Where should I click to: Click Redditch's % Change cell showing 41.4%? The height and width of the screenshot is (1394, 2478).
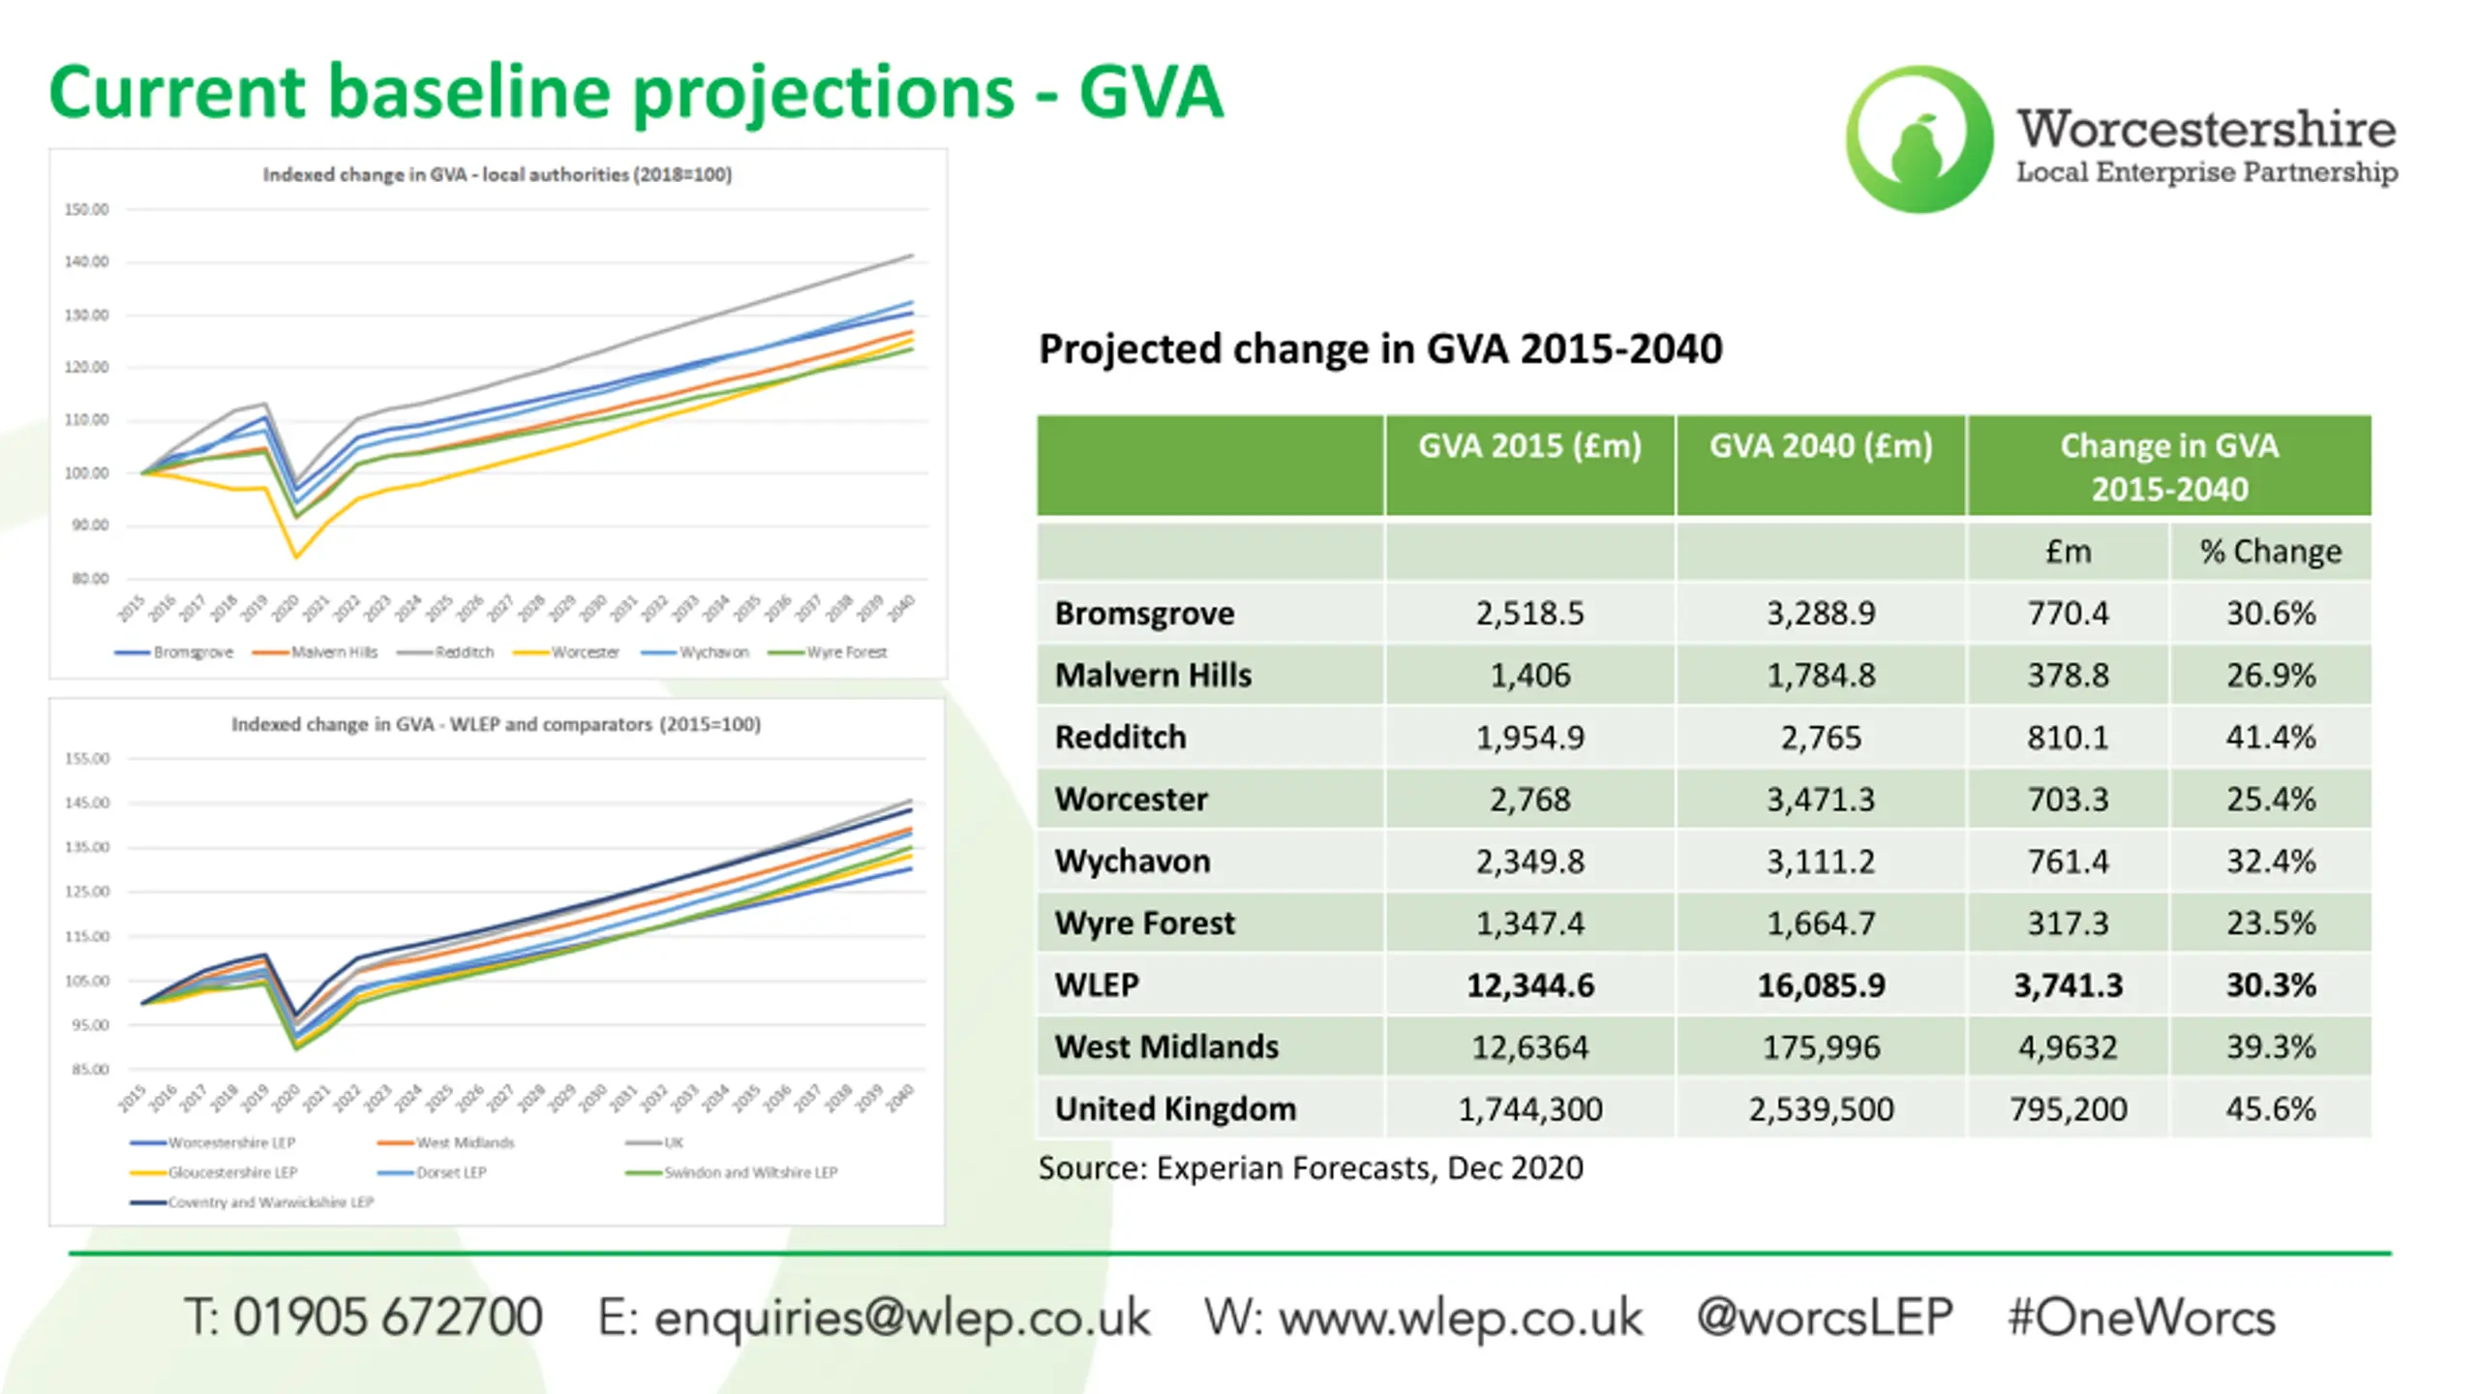click(x=2270, y=738)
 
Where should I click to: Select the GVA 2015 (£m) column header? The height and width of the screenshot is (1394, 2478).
click(x=1529, y=446)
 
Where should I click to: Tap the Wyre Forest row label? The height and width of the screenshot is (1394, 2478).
click(x=1144, y=924)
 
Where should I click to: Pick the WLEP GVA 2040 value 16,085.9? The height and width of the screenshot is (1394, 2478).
click(x=1821, y=985)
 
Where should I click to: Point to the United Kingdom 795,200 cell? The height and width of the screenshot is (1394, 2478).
click(x=2068, y=1109)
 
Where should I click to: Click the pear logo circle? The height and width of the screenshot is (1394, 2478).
click(x=1919, y=139)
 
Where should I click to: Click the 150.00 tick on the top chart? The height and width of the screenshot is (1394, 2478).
click(x=86, y=209)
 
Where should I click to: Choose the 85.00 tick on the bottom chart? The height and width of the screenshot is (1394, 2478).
click(x=90, y=1070)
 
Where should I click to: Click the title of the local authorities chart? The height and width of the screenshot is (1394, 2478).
click(x=497, y=175)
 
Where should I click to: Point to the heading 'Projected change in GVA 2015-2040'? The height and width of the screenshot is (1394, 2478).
click(x=1380, y=349)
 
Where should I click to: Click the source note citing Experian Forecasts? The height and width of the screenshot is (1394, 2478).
click(x=1311, y=1168)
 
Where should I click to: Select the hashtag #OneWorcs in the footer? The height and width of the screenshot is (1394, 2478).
click(x=2141, y=1318)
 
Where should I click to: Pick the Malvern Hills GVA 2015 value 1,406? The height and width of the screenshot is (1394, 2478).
click(x=1529, y=676)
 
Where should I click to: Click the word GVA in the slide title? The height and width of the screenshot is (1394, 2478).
click(x=1151, y=92)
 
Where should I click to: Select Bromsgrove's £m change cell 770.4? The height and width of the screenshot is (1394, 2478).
click(x=2068, y=614)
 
